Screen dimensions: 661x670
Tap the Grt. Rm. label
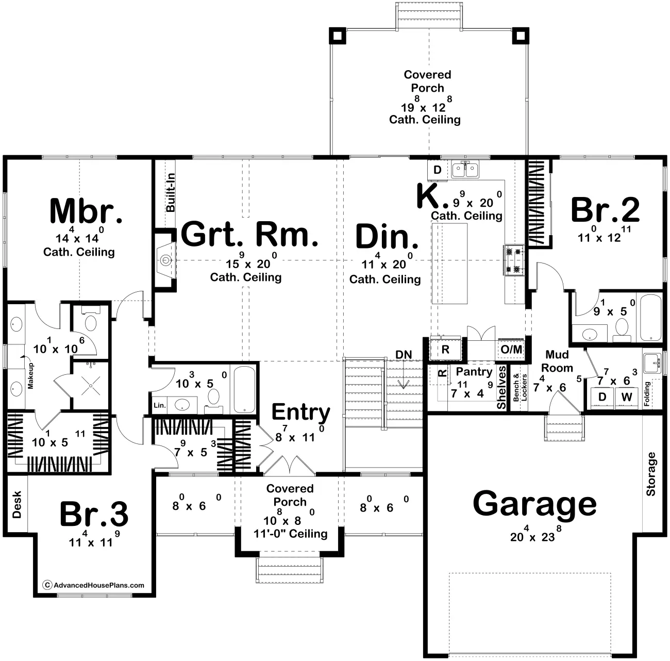pos(250,235)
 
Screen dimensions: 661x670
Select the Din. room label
pos(387,237)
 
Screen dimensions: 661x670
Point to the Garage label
pos(534,504)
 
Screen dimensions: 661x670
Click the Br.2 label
pos(605,210)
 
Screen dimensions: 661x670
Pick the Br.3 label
pos(94,514)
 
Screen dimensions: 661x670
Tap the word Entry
pos(301,412)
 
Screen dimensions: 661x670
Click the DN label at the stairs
pos(404,355)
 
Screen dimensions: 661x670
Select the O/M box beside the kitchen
pos(511,350)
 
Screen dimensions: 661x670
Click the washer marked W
pos(626,397)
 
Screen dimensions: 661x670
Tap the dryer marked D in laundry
pos(601,397)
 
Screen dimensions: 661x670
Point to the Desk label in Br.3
pos(17,504)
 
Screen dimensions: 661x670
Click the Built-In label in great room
pos(171,192)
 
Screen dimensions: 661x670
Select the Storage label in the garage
pos(651,474)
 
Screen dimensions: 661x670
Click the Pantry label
pos(474,372)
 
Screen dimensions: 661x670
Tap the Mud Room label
pos(557,361)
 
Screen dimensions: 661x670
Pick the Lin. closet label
pos(160,405)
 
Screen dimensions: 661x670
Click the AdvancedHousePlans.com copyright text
pos(94,585)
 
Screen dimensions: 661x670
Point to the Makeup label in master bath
pos(30,375)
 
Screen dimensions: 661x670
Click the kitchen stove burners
pos(513,261)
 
